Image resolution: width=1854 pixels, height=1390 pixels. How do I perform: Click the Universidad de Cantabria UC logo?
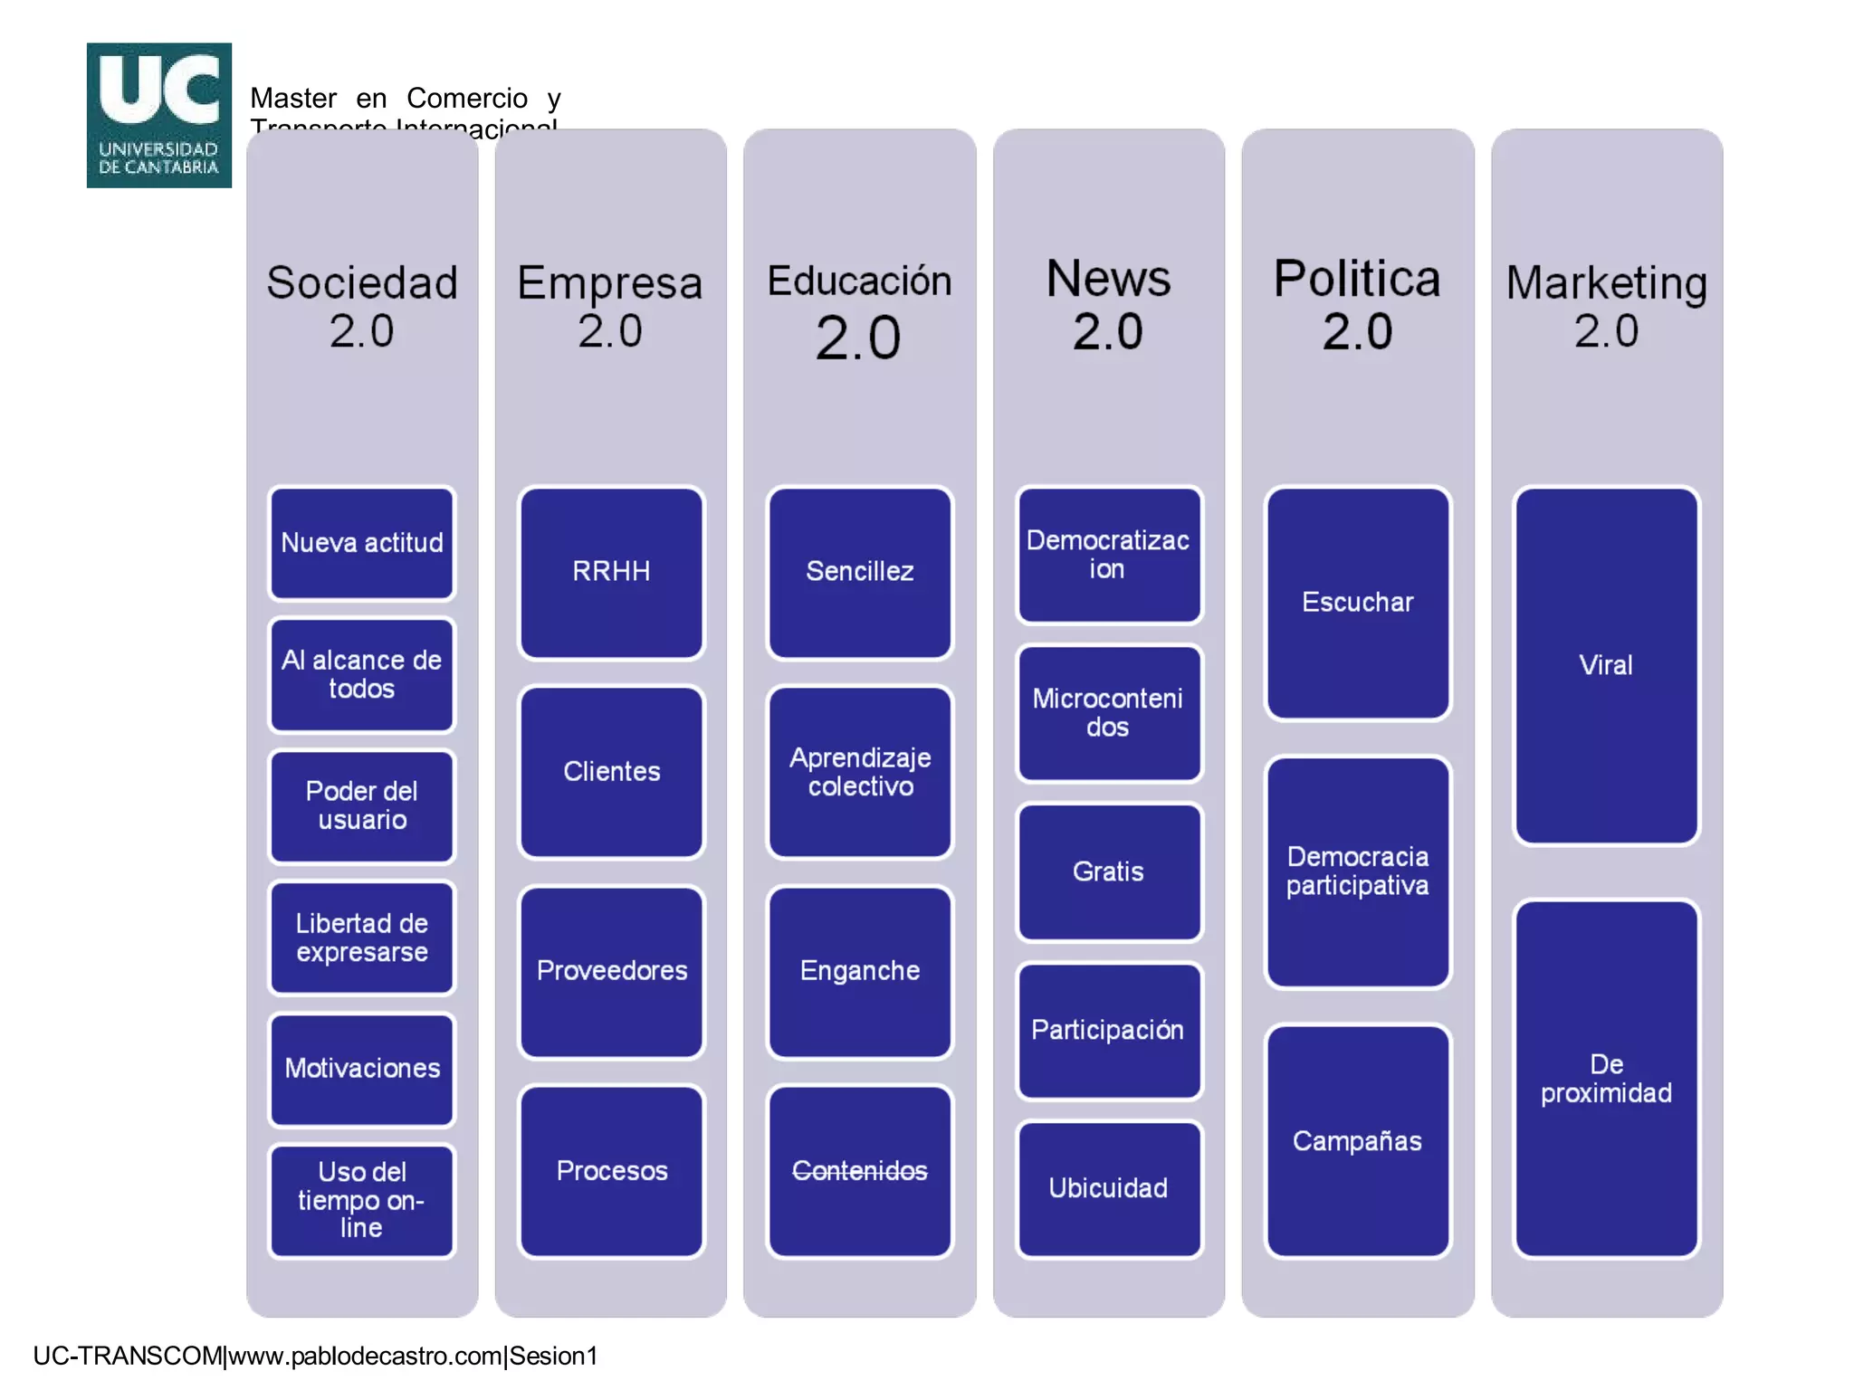(159, 115)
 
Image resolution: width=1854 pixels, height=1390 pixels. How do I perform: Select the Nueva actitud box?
(361, 543)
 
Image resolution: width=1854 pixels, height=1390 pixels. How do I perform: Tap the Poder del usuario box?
(361, 805)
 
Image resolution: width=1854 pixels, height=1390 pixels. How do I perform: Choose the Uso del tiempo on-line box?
(361, 1200)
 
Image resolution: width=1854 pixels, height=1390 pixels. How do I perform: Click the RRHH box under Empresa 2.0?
(611, 572)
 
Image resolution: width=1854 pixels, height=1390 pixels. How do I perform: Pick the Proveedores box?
(611, 971)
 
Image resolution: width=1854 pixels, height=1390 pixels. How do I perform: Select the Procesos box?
(611, 1171)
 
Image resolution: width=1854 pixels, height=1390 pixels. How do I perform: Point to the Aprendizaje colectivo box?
(860, 772)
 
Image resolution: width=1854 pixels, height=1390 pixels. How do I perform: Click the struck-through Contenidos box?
(860, 1171)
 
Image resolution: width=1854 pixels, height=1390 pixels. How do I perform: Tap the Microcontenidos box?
(1108, 713)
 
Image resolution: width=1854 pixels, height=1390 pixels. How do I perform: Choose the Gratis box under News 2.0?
(1108, 871)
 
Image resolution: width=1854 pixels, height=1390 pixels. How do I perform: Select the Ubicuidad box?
(1108, 1188)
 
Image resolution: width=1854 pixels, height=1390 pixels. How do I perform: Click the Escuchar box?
(1357, 603)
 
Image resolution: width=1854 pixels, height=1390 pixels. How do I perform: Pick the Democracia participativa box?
(1357, 871)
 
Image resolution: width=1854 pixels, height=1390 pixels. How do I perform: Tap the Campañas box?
(1357, 1141)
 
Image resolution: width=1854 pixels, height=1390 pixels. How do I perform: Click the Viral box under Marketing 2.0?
(1606, 666)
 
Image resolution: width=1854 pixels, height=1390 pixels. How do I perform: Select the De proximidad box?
(1606, 1079)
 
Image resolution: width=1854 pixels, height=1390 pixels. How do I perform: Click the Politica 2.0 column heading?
(1357, 304)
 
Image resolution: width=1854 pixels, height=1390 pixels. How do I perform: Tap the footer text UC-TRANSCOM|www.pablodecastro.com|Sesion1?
(315, 1356)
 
